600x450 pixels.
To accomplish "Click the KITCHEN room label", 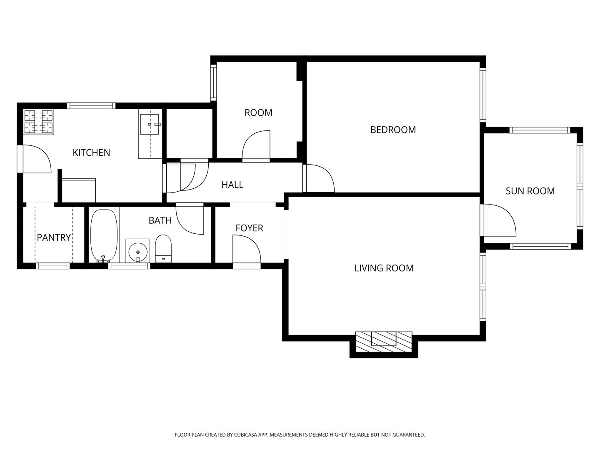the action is pyautogui.click(x=91, y=152).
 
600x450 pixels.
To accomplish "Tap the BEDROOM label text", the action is pyautogui.click(x=393, y=130).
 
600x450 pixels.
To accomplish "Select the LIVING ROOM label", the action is pyautogui.click(x=384, y=268).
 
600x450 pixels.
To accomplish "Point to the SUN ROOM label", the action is pyautogui.click(x=530, y=191).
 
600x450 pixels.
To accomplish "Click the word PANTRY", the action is pyautogui.click(x=54, y=237).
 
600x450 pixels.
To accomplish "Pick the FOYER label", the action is pyautogui.click(x=249, y=228).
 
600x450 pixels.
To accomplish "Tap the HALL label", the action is pyautogui.click(x=232, y=185).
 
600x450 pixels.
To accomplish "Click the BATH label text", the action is pyautogui.click(x=160, y=220).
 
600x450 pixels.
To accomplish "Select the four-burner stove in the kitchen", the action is pyautogui.click(x=39, y=122).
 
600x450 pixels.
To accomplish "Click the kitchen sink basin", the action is pyautogui.click(x=149, y=124).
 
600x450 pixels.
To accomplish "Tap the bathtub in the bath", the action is pyautogui.click(x=104, y=235).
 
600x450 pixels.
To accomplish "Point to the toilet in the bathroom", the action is pyautogui.click(x=163, y=248).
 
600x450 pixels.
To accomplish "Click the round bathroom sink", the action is pyautogui.click(x=138, y=251).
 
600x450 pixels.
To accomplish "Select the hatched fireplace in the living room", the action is pyautogui.click(x=383, y=342).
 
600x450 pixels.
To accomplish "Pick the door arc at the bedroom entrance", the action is pyautogui.click(x=321, y=178).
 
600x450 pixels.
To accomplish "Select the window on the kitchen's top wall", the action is pyautogui.click(x=91, y=106).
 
